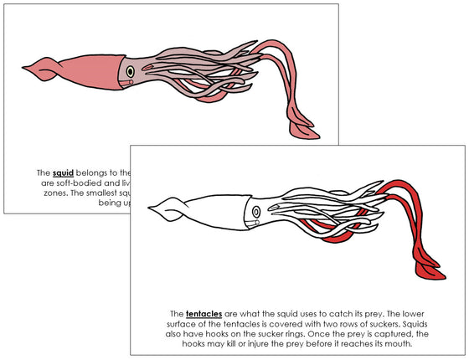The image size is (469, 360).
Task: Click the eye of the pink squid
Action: [131, 72]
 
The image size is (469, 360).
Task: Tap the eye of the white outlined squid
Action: [255, 213]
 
